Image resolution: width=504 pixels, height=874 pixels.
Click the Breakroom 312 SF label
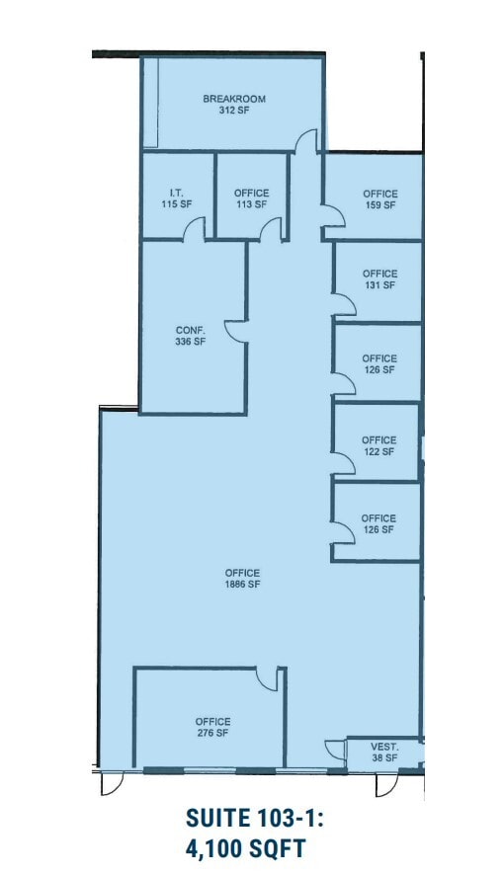pyautogui.click(x=234, y=105)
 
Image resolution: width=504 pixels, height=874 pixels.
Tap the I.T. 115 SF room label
pyautogui.click(x=177, y=199)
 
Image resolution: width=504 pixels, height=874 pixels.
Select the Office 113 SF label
pyautogui.click(x=251, y=199)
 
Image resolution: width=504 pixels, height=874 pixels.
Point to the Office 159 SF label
pyautogui.click(x=379, y=199)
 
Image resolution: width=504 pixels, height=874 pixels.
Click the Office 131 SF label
pyautogui.click(x=379, y=279)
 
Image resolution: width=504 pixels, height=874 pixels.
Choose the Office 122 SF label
pyautogui.click(x=378, y=445)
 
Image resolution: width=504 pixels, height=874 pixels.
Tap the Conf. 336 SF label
pyautogui.click(x=191, y=336)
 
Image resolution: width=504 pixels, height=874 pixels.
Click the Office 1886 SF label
pyautogui.click(x=242, y=579)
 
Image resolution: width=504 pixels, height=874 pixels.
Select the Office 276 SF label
pyautogui.click(x=212, y=727)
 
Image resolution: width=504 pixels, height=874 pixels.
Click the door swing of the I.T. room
pyautogui.click(x=194, y=229)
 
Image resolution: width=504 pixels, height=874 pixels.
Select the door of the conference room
pyautogui.click(x=235, y=330)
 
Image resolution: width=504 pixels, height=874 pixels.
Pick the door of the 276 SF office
pyautogui.click(x=268, y=678)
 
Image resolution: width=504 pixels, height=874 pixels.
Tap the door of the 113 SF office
pyautogui.click(x=269, y=229)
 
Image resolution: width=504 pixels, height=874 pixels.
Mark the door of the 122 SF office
pyautogui.click(x=341, y=463)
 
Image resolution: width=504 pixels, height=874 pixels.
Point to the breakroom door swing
pyautogui.click(x=308, y=141)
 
